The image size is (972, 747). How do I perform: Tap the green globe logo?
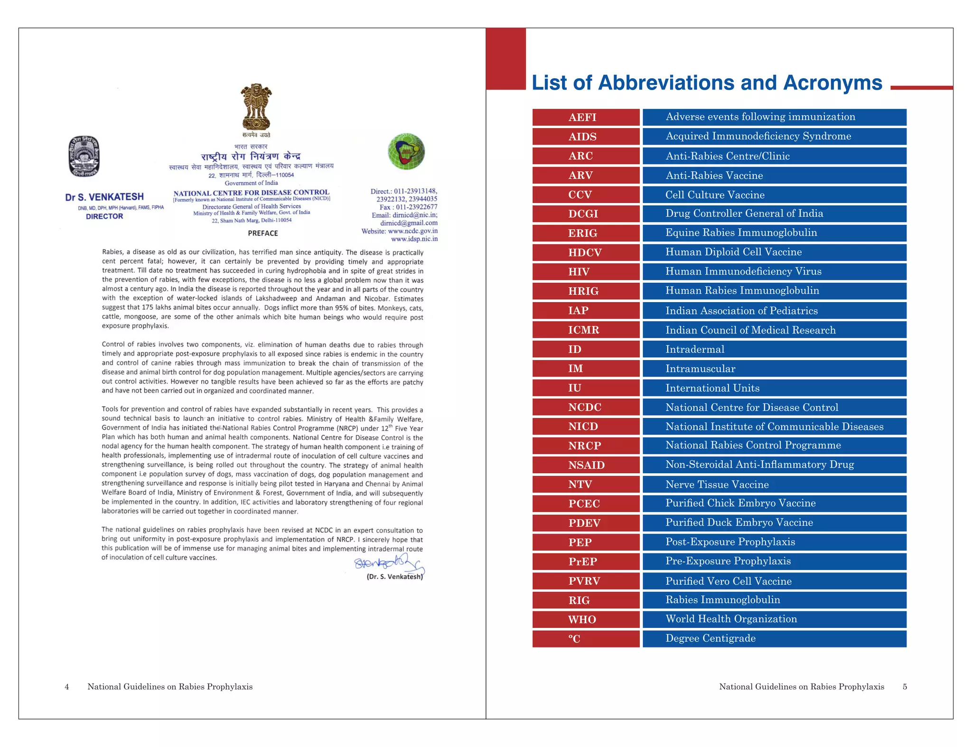[406, 151]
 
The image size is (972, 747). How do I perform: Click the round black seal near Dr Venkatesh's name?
[84, 156]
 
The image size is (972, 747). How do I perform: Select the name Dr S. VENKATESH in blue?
[104, 197]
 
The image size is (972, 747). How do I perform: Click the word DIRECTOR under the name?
[104, 216]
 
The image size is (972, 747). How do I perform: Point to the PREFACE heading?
[263, 233]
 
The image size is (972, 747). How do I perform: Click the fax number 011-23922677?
[416, 207]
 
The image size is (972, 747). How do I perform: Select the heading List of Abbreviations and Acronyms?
[707, 83]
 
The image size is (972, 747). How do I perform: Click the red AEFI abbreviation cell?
[586, 117]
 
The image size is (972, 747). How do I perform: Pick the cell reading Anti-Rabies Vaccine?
[774, 175]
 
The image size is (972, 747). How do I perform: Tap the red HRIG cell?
[586, 291]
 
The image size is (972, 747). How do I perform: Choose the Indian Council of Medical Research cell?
[774, 330]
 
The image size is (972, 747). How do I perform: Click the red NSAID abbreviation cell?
[586, 465]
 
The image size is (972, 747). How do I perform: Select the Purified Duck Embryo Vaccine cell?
[774, 523]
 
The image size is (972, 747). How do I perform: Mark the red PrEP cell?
[586, 562]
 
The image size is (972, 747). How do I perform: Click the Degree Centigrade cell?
[774, 638]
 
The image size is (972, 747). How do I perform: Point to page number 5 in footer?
[905, 687]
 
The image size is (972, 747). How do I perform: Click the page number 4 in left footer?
[67, 687]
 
